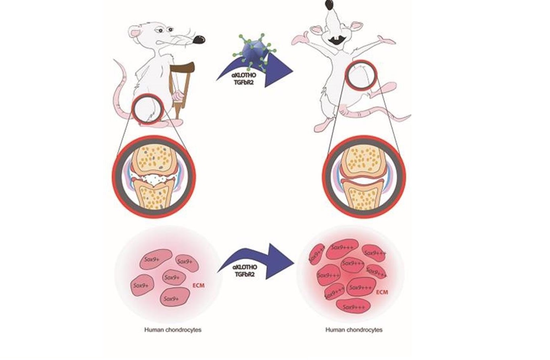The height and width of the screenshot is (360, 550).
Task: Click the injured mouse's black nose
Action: pos(199,39)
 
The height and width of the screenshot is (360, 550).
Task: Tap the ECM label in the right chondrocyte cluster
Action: pos(382,292)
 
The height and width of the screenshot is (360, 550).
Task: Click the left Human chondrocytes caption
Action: pos(173,330)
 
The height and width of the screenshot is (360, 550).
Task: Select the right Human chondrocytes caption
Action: pos(354,330)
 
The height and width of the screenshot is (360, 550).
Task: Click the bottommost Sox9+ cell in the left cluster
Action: pos(175,298)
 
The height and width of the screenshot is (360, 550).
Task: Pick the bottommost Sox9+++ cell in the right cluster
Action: pos(354,307)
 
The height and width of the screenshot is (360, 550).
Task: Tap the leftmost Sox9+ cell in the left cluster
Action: pos(142,285)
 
